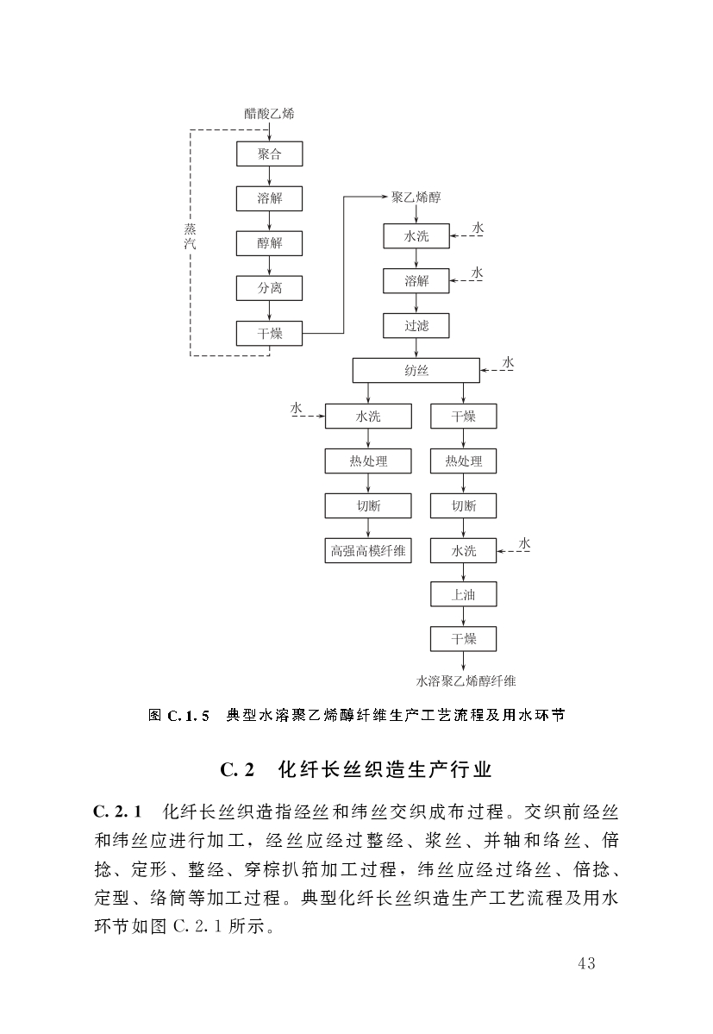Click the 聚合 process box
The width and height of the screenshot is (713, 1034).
(x=270, y=154)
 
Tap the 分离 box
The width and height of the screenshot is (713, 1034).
(x=270, y=288)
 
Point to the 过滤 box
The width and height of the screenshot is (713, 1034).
(x=416, y=326)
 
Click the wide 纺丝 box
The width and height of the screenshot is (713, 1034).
(x=416, y=371)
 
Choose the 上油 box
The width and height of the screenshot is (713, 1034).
(x=464, y=594)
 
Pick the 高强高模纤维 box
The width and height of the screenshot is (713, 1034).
(x=368, y=550)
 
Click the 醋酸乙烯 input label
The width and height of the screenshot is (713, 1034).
(x=269, y=114)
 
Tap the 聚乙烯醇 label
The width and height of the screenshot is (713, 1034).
(x=416, y=197)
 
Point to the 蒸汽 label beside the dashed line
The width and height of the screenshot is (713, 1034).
(x=191, y=237)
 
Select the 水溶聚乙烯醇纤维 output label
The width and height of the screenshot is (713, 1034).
(x=466, y=681)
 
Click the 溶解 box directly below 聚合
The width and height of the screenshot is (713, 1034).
(x=270, y=198)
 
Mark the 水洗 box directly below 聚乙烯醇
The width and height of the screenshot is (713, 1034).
(x=416, y=236)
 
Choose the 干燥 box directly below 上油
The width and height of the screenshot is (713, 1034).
(x=464, y=639)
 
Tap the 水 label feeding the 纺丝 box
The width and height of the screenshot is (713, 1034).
(x=508, y=362)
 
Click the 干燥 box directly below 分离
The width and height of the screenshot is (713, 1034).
(x=270, y=333)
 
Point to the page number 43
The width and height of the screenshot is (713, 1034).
(x=586, y=963)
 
